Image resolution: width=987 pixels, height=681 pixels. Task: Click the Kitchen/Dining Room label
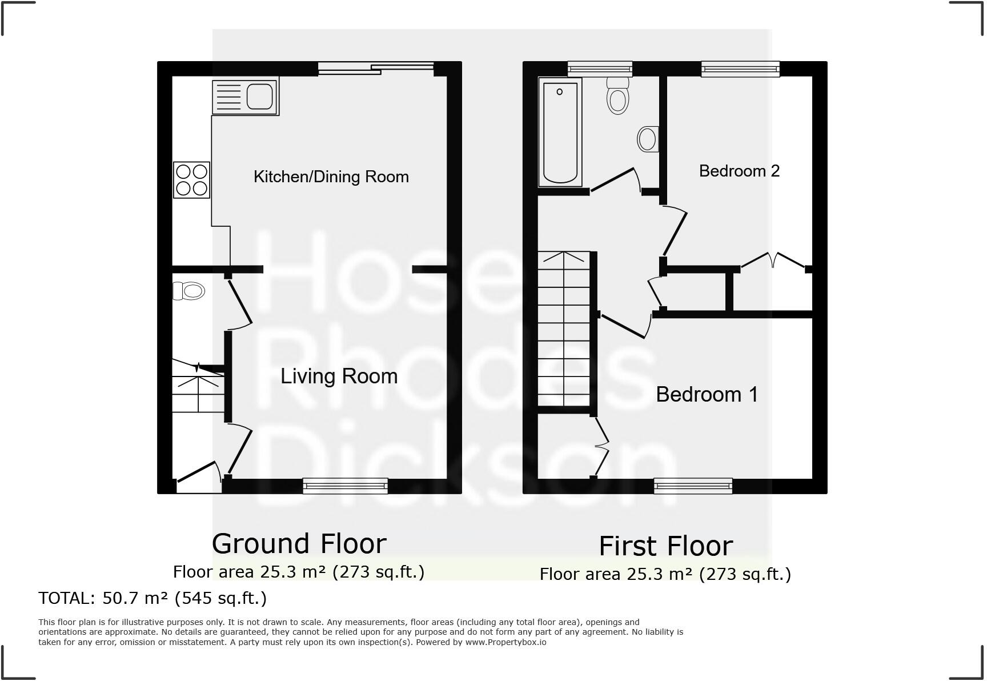click(331, 177)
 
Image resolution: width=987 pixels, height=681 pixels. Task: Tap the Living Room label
click(339, 376)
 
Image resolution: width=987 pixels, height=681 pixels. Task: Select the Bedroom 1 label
click(707, 394)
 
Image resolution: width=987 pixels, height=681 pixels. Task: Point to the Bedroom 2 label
click(739, 171)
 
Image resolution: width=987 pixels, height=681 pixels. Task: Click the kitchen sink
click(245, 96)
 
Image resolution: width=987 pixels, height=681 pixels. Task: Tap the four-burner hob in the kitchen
click(192, 180)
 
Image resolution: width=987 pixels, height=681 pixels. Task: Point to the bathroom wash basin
click(648, 139)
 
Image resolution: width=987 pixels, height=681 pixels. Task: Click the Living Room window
click(345, 486)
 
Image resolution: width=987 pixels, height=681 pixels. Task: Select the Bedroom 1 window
click(693, 486)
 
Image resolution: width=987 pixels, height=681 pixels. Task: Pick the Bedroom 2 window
click(740, 69)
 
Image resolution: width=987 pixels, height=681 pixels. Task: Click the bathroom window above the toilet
click(600, 69)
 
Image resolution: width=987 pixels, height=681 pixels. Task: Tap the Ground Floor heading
click(299, 543)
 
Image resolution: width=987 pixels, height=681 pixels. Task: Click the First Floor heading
click(665, 546)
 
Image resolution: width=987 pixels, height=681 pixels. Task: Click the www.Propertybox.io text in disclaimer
click(505, 642)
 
